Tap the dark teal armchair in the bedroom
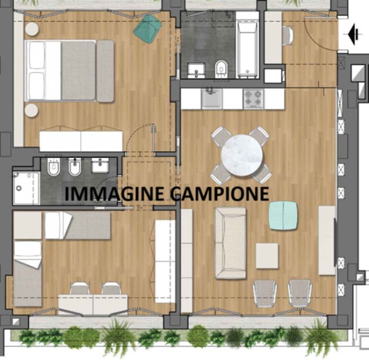point(148,28)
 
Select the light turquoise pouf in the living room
point(283,216)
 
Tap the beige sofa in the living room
point(231,243)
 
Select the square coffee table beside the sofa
point(267,256)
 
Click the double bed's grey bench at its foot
point(105,71)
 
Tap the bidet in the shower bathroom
point(75,166)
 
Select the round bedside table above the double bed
point(31,29)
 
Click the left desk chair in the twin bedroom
point(79,289)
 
